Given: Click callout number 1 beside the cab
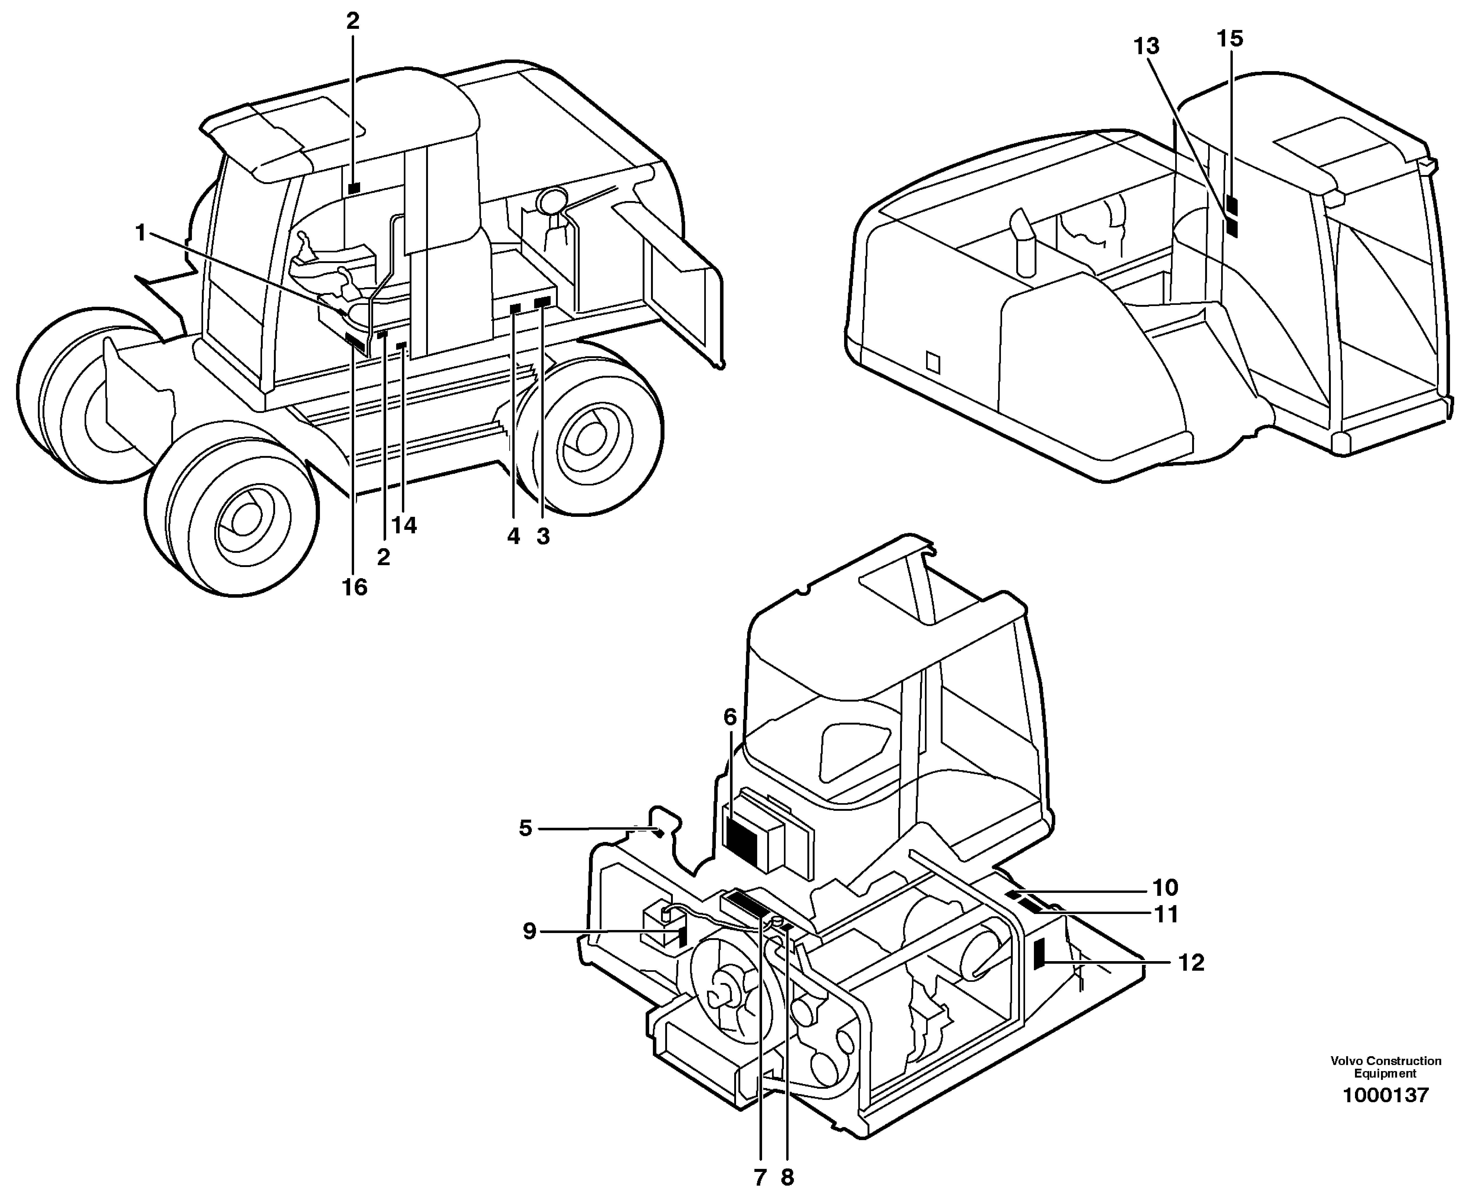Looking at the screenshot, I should point(140,233).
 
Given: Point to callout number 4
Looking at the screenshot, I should point(514,537).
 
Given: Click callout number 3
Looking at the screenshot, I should point(543,537).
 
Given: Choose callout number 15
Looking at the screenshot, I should point(1230,39).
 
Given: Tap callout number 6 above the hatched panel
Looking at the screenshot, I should point(730,717).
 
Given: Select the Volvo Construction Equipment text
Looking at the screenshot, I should point(1385,1067).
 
